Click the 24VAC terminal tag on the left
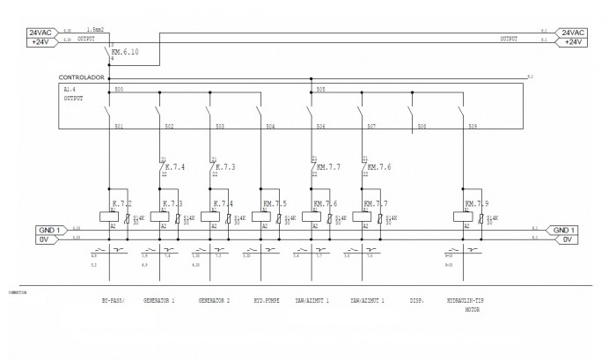click(x=43, y=32)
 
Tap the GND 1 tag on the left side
click(x=49, y=230)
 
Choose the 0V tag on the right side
click(x=567, y=239)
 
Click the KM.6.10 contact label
click(x=125, y=52)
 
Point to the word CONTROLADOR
click(x=81, y=77)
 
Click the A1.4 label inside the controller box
click(x=70, y=89)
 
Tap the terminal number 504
click(x=270, y=128)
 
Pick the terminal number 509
click(x=473, y=128)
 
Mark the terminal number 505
click(x=321, y=90)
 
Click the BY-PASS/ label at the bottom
click(x=114, y=300)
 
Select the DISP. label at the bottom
click(x=417, y=300)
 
